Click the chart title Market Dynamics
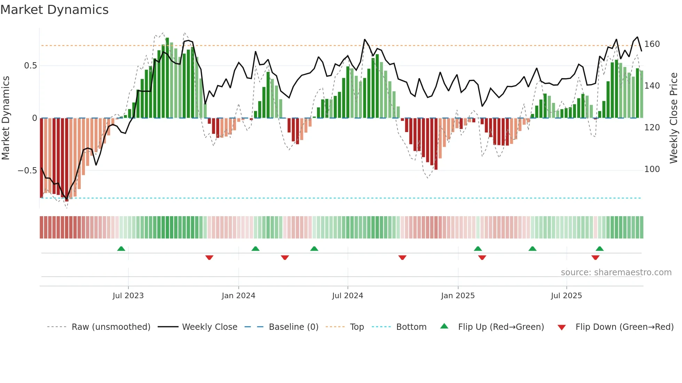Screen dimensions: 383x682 pyautogui.click(x=54, y=10)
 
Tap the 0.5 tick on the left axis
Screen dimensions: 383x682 pyautogui.click(x=30, y=66)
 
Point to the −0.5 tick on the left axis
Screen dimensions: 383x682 pyautogui.click(x=27, y=170)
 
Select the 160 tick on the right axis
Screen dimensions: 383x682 pyautogui.click(x=652, y=44)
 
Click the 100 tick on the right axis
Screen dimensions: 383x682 pyautogui.click(x=652, y=169)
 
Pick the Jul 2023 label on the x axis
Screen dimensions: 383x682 pyautogui.click(x=128, y=296)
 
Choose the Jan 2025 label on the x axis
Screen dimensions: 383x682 pyautogui.click(x=458, y=296)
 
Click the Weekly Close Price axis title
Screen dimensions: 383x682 pyautogui.click(x=674, y=118)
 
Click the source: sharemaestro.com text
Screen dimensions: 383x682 pyautogui.click(x=616, y=272)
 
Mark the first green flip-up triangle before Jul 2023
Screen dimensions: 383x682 pyautogui.click(x=121, y=249)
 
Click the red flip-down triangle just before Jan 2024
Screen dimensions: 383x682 pyautogui.click(x=209, y=258)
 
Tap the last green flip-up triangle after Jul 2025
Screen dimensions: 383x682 pyautogui.click(x=599, y=249)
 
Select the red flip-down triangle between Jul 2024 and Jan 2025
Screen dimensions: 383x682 pyautogui.click(x=402, y=258)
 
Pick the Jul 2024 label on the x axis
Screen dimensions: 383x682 pyautogui.click(x=347, y=296)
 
